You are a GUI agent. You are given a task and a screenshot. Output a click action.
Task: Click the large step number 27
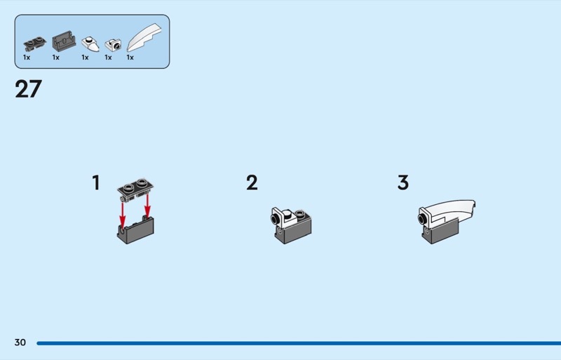[x=28, y=89]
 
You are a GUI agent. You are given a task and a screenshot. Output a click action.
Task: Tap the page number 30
[x=20, y=342]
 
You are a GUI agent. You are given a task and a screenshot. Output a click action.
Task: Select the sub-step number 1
[x=96, y=182]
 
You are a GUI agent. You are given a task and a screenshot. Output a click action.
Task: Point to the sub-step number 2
[x=252, y=182]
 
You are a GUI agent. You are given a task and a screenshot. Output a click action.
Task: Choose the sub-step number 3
[x=403, y=182]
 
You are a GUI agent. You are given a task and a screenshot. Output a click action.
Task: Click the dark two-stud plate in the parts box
[x=34, y=44]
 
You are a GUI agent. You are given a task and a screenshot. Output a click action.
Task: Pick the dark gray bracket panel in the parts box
[x=64, y=41]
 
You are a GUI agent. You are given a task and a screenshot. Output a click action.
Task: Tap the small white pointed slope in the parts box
[x=90, y=44]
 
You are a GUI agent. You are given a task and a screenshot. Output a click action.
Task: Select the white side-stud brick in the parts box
[x=113, y=45]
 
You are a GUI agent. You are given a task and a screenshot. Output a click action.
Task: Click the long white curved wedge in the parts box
[x=144, y=38]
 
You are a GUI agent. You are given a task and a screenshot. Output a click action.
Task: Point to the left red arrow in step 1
[x=122, y=215]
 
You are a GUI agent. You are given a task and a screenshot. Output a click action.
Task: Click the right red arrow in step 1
[x=147, y=206]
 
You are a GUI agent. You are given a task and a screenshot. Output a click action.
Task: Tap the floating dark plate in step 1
[x=135, y=189]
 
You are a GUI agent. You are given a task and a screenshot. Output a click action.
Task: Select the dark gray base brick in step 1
[x=135, y=231]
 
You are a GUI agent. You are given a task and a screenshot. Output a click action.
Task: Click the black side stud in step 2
[x=276, y=218]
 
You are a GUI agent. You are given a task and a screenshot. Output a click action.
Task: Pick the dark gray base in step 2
[x=293, y=232]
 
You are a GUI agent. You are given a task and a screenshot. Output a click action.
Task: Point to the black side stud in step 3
[x=422, y=218]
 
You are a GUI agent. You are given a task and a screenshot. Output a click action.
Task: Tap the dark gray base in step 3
[x=441, y=233]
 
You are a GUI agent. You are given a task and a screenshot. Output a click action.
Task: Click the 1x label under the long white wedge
[x=130, y=58]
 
